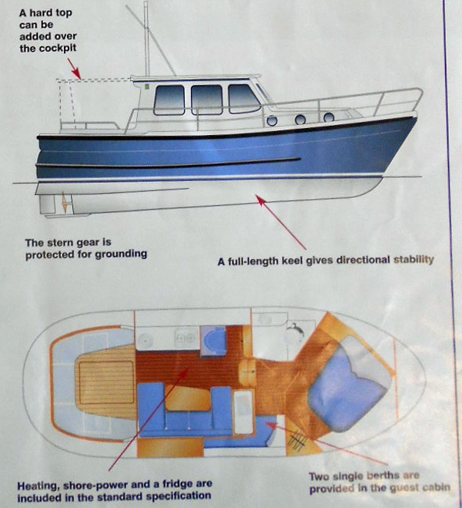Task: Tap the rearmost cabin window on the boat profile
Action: [x=169, y=99]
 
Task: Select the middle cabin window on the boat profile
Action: [x=206, y=99]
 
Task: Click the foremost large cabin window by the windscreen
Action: [x=244, y=99]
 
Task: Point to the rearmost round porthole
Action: [x=272, y=120]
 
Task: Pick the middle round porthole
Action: [x=300, y=119]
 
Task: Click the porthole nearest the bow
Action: [x=329, y=117]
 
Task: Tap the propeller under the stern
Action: [x=65, y=203]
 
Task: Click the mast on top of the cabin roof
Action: [x=146, y=39]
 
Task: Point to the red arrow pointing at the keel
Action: [x=281, y=222]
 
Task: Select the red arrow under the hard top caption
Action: [x=74, y=69]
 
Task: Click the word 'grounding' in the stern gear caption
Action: [x=122, y=254]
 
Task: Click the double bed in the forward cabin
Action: [x=350, y=383]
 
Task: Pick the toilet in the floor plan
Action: [x=295, y=331]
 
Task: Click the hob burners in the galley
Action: [x=186, y=338]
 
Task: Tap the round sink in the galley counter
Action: [x=145, y=341]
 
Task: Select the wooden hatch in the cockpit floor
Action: [x=107, y=382]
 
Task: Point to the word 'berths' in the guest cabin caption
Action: [x=383, y=476]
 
